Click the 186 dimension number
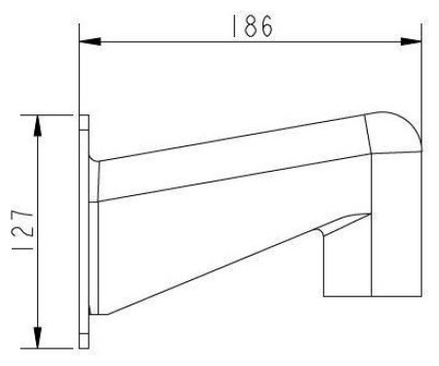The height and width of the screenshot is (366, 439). coord(253,26)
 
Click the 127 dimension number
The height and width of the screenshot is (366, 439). coord(22,230)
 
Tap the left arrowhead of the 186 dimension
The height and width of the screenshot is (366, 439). coord(90,42)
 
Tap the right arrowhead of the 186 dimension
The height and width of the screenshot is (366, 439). coord(411,42)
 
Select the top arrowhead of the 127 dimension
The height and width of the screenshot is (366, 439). coord(38,125)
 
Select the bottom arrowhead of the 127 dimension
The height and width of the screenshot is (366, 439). coord(38,338)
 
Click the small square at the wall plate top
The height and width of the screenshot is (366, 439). coord(84,122)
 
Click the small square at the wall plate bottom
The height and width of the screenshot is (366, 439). coord(84,341)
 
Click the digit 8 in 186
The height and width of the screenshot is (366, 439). coord(251,26)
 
